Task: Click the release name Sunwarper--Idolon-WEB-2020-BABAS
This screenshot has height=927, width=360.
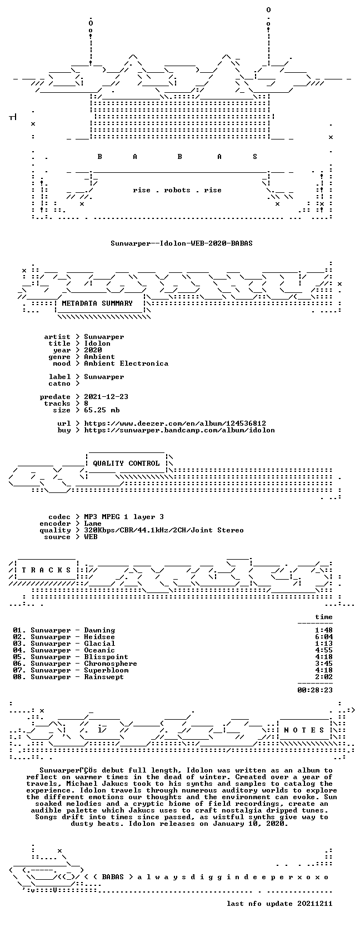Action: point(181,243)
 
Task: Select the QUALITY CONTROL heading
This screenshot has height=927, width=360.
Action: point(126,463)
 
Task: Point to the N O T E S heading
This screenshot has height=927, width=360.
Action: point(304,730)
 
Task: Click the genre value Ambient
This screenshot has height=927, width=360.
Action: point(99,357)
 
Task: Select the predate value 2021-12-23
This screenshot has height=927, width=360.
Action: point(106,396)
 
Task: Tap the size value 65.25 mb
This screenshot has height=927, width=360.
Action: point(102,410)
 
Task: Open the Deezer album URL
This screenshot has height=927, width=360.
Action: point(175,423)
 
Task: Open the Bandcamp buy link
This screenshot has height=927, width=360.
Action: point(179,430)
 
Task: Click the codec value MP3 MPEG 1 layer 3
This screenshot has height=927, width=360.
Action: point(124,516)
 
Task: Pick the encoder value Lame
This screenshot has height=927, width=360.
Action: point(93,523)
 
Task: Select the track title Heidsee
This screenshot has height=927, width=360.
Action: point(99,637)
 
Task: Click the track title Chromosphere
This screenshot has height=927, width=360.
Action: point(111,664)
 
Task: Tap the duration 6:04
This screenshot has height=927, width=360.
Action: point(323,637)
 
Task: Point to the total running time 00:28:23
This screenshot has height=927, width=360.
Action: point(315,690)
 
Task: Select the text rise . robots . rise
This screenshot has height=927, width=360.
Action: point(177,190)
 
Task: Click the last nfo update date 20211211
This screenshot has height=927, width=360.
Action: point(315,904)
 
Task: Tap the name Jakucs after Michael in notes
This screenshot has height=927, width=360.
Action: point(126,784)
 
